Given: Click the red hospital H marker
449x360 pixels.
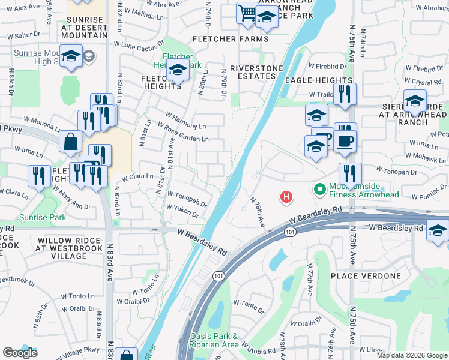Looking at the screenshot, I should pyautogui.click(x=287, y=196).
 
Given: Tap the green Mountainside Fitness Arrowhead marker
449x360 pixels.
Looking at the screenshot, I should pyautogui.click(x=319, y=190).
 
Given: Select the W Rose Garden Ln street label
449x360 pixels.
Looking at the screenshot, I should pyautogui.click(x=183, y=133).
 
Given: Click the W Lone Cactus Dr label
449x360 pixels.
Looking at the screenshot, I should pyautogui.click(x=139, y=45).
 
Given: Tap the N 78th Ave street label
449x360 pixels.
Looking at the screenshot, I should pyautogui.click(x=258, y=212).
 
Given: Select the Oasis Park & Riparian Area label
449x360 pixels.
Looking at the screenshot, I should pyautogui.click(x=214, y=340).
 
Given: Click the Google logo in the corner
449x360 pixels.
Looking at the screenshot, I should pyautogui.click(x=20, y=353).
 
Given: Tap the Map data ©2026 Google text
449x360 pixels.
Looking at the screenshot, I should pyautogui.click(x=412, y=355).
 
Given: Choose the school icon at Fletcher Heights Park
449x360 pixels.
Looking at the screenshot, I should pyautogui.click(x=177, y=73).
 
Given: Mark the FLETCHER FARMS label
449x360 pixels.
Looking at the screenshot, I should pyautogui.click(x=231, y=40).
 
